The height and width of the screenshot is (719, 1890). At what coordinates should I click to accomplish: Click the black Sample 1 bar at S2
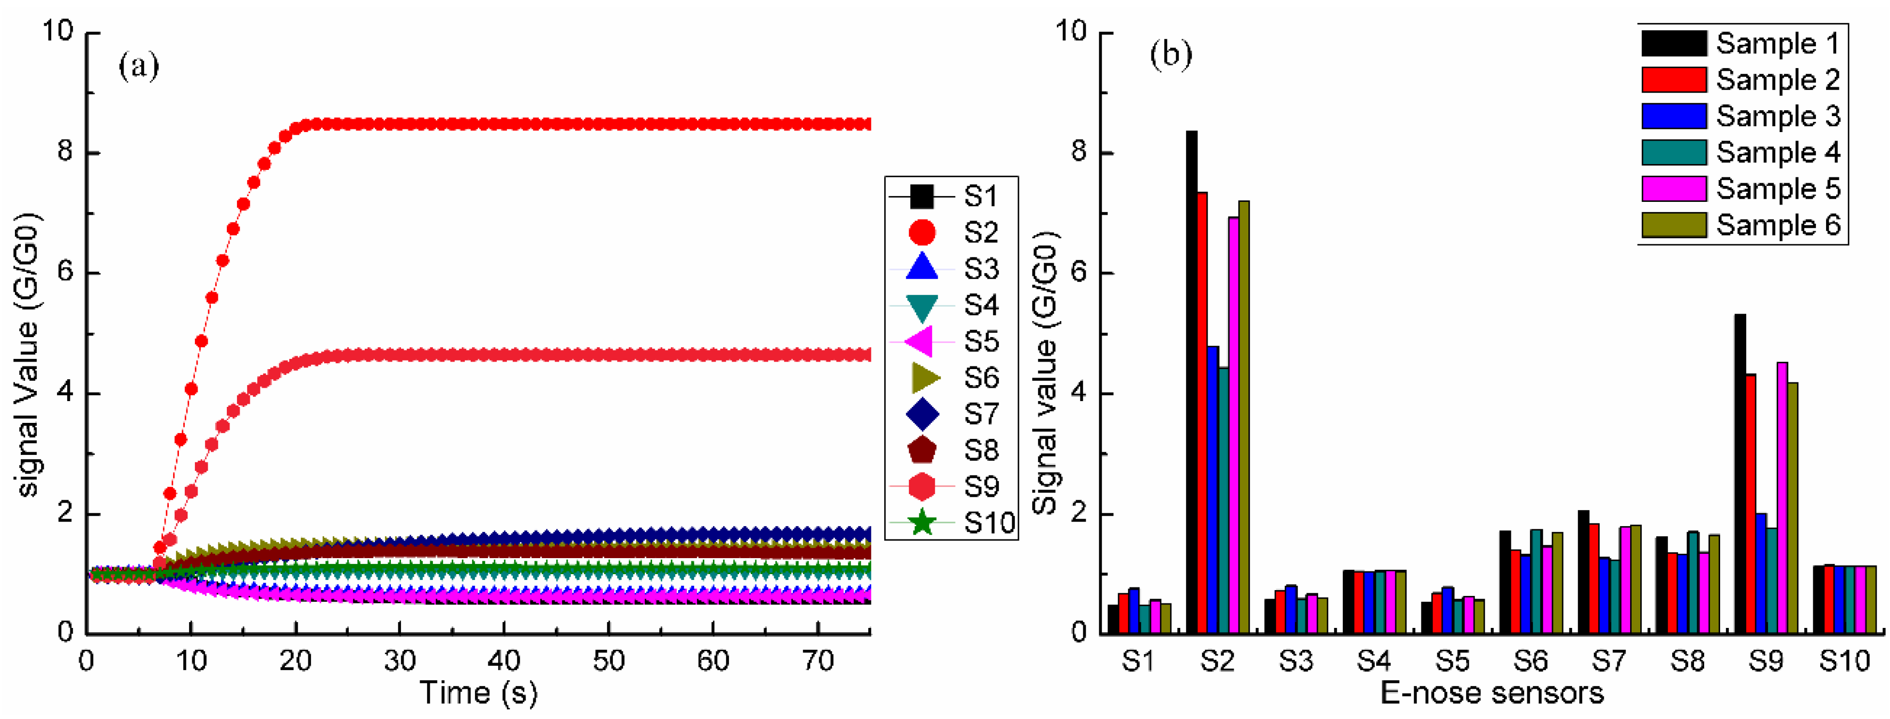[1191, 381]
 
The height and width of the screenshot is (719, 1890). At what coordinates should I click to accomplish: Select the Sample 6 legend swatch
[1673, 225]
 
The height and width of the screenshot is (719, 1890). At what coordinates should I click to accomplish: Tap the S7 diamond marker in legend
[922, 414]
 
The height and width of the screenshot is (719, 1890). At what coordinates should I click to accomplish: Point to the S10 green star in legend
[922, 523]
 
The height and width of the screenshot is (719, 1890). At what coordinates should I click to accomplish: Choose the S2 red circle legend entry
[922, 233]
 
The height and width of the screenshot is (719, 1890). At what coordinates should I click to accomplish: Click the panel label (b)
[1171, 55]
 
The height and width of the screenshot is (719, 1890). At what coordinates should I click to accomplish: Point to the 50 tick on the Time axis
[608, 663]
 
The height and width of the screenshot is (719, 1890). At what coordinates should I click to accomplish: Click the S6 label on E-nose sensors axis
[1531, 663]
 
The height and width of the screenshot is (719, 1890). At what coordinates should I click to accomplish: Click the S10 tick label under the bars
[1844, 663]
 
